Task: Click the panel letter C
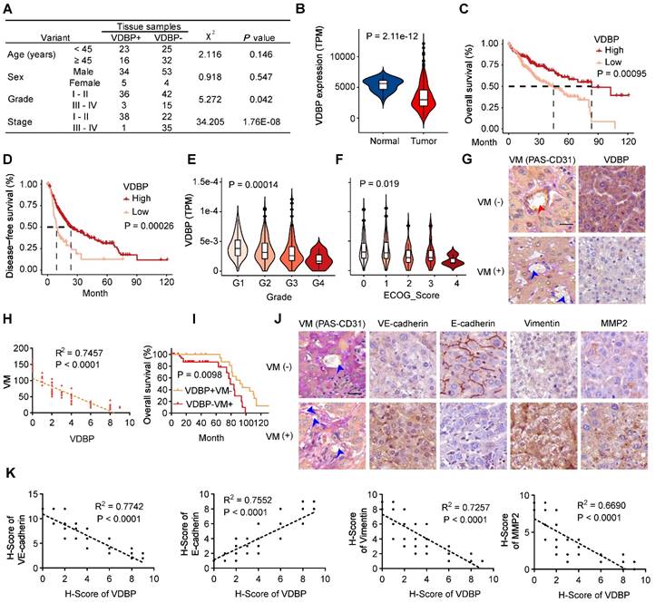click(465, 11)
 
